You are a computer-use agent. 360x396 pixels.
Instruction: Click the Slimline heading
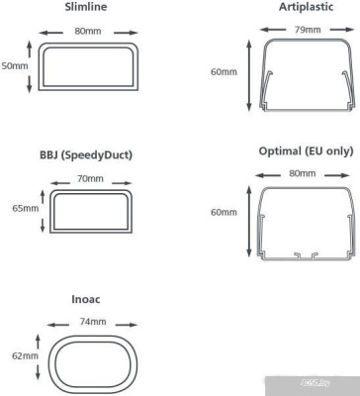tap(86, 7)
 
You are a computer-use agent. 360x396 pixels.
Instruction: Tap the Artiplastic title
tap(307, 7)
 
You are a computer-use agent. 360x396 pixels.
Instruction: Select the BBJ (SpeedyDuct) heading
tap(86, 155)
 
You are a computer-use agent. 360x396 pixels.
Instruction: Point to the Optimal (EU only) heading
tap(306, 151)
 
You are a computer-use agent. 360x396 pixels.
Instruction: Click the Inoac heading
tap(86, 299)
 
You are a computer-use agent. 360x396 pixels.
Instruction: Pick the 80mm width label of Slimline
tap(88, 32)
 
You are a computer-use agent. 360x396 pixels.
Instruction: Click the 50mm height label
tap(15, 65)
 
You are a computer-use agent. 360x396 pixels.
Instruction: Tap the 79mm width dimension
tap(308, 30)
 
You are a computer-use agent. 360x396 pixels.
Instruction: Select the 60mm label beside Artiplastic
tap(224, 71)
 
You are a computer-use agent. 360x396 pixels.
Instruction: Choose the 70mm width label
tap(90, 179)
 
